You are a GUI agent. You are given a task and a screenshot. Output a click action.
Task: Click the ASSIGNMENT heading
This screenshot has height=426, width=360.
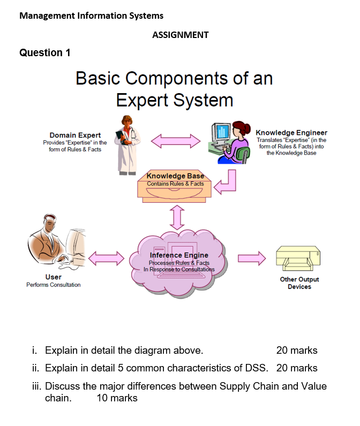pyautogui.click(x=180, y=35)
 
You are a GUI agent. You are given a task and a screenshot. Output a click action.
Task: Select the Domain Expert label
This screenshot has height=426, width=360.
pyautogui.click(x=75, y=135)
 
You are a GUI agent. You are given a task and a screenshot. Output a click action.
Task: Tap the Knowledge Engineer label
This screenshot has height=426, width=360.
pyautogui.click(x=291, y=133)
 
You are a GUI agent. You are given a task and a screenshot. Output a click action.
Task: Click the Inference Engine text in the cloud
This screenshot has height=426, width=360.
pyautogui.click(x=179, y=255)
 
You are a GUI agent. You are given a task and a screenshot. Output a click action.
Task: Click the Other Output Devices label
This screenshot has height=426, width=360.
pyautogui.click(x=299, y=283)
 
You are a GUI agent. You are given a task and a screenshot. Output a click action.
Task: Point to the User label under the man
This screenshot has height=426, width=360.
pyautogui.click(x=53, y=277)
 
